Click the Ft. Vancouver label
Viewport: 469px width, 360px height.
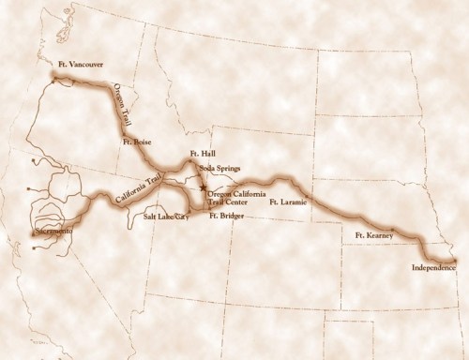pyautogui.click(x=79, y=64)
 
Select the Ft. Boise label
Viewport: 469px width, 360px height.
pyautogui.click(x=136, y=142)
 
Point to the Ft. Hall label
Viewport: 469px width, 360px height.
pyautogui.click(x=203, y=153)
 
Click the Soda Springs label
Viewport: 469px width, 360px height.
pyautogui.click(x=218, y=169)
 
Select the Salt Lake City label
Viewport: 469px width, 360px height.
pyautogui.click(x=165, y=216)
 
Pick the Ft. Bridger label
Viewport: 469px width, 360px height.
pyautogui.click(x=225, y=216)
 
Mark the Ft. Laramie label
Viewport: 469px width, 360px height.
pyautogui.click(x=287, y=201)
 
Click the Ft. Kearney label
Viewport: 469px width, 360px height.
pyautogui.click(x=373, y=235)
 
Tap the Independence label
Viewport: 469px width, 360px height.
pyautogui.click(x=433, y=268)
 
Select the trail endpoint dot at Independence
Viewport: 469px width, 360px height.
pyautogui.click(x=454, y=259)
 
